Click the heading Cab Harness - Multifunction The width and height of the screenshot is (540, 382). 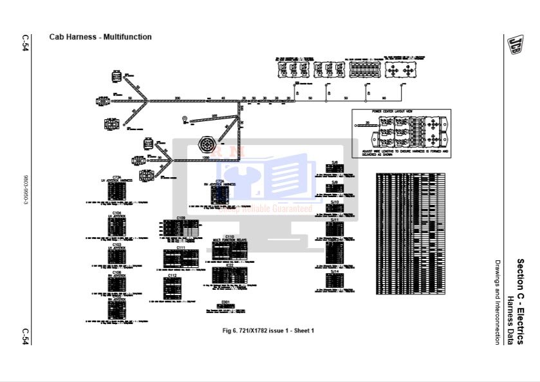click(100, 37)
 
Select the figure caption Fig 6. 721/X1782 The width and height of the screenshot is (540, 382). click(268, 330)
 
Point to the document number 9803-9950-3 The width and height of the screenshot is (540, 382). click(25, 190)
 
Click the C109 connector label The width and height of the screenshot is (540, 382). click(181, 218)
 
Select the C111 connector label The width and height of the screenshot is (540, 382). click(181, 247)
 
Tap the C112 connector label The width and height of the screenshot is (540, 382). click(172, 276)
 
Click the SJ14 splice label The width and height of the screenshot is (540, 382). click(335, 272)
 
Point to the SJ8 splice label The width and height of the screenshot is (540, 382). click(335, 163)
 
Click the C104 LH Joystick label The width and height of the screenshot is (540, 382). click(116, 213)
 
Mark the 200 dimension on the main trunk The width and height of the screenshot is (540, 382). click(178, 97)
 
